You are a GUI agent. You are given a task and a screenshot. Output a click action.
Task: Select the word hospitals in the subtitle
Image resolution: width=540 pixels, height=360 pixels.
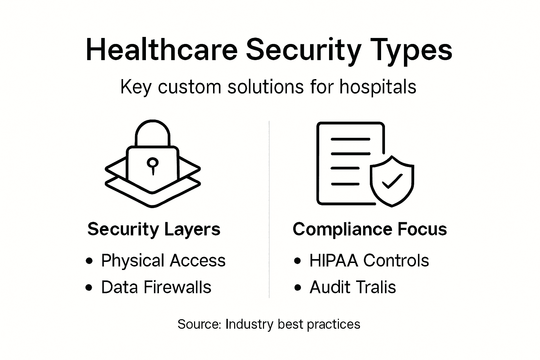click(378, 87)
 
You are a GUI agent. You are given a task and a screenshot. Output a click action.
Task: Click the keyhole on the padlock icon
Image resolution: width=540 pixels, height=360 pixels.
click(153, 164)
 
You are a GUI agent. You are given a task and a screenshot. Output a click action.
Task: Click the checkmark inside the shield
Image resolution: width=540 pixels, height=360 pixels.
click(392, 181)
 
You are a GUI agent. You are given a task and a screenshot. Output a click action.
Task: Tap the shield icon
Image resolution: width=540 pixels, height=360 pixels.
click(392, 181)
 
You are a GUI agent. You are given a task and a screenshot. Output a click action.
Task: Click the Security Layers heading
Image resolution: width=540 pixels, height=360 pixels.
click(154, 229)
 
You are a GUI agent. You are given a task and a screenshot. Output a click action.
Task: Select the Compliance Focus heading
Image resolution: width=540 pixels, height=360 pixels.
click(369, 229)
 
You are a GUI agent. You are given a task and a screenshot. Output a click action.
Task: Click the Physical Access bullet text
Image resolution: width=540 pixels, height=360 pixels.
click(163, 261)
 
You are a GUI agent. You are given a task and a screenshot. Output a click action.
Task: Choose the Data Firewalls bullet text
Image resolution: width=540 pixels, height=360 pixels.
click(156, 287)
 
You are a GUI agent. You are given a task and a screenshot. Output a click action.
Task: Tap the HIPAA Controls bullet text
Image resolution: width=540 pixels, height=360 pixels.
click(369, 261)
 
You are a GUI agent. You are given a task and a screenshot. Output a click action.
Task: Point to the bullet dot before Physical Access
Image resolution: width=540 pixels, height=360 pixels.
click(89, 261)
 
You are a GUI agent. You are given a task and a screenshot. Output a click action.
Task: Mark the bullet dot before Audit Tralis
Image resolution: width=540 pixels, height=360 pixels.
click(298, 288)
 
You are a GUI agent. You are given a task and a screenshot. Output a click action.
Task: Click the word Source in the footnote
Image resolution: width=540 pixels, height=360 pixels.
click(199, 324)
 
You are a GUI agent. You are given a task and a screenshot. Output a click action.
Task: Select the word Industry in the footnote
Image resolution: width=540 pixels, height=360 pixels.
click(249, 324)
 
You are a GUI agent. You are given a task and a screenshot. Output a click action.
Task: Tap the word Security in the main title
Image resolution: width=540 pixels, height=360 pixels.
click(303, 50)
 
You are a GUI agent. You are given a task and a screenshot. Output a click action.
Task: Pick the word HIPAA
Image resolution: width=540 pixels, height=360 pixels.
click(334, 261)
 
